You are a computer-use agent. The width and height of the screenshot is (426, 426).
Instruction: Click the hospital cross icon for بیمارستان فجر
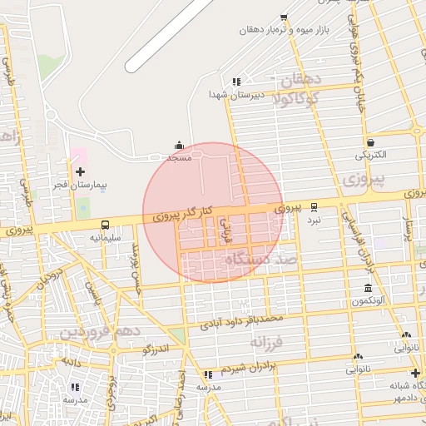tap(80, 171)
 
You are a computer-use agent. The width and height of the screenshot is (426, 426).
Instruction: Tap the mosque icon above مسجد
tap(179, 145)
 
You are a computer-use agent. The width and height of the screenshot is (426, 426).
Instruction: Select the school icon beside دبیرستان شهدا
tap(236, 82)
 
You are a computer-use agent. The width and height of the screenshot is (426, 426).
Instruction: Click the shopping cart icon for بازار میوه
tap(284, 17)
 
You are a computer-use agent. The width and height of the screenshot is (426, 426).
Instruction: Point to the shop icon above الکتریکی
tap(369, 142)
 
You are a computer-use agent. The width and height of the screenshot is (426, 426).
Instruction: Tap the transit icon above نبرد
tap(314, 207)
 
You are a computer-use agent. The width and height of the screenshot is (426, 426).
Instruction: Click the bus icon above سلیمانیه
tap(106, 225)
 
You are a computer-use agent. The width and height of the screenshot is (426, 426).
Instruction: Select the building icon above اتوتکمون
tap(368, 289)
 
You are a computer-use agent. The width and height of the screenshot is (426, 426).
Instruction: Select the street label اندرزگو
tap(155, 349)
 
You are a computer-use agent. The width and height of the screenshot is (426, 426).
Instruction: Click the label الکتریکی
tap(371, 156)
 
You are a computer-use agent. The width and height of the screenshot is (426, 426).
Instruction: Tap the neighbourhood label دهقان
tap(301, 81)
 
